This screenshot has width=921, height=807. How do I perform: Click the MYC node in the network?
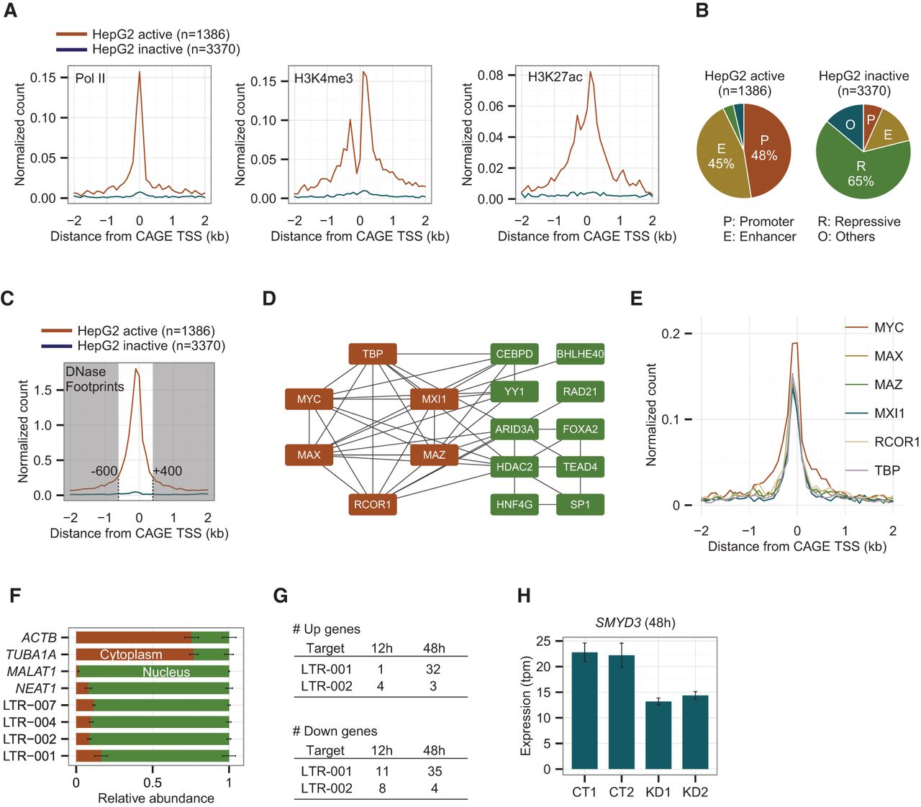(309, 399)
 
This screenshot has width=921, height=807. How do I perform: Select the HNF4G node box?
(514, 504)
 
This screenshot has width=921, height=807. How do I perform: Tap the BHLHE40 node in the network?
(580, 354)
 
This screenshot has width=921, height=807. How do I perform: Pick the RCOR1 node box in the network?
(372, 504)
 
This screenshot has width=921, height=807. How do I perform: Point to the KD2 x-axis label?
(695, 792)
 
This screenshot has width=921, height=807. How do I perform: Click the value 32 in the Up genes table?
(433, 669)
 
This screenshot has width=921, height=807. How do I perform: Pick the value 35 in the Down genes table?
(433, 771)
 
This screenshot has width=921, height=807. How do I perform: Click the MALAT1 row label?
(32, 672)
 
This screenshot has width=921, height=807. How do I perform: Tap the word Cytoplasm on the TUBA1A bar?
(131, 655)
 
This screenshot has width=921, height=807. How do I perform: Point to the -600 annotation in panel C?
(104, 471)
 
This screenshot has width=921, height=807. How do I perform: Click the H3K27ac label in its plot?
(555, 77)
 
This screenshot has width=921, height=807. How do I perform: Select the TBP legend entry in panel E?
(887, 470)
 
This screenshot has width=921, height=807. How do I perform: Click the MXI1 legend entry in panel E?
(889, 414)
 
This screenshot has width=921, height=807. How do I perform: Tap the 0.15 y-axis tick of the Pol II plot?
(43, 78)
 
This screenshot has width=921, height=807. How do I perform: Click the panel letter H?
(524, 596)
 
